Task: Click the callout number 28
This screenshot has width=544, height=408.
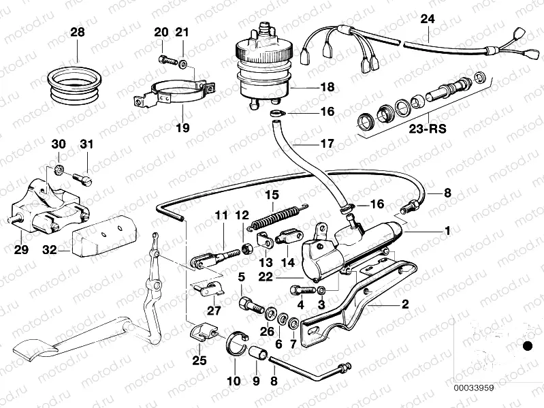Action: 78,32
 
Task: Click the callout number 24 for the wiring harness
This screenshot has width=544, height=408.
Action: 426,18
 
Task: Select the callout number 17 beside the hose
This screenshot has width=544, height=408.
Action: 328,144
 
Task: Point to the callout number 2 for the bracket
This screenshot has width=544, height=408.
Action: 404,304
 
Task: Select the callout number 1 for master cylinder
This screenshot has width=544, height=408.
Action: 447,231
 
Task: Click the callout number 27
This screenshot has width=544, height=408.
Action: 215,311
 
